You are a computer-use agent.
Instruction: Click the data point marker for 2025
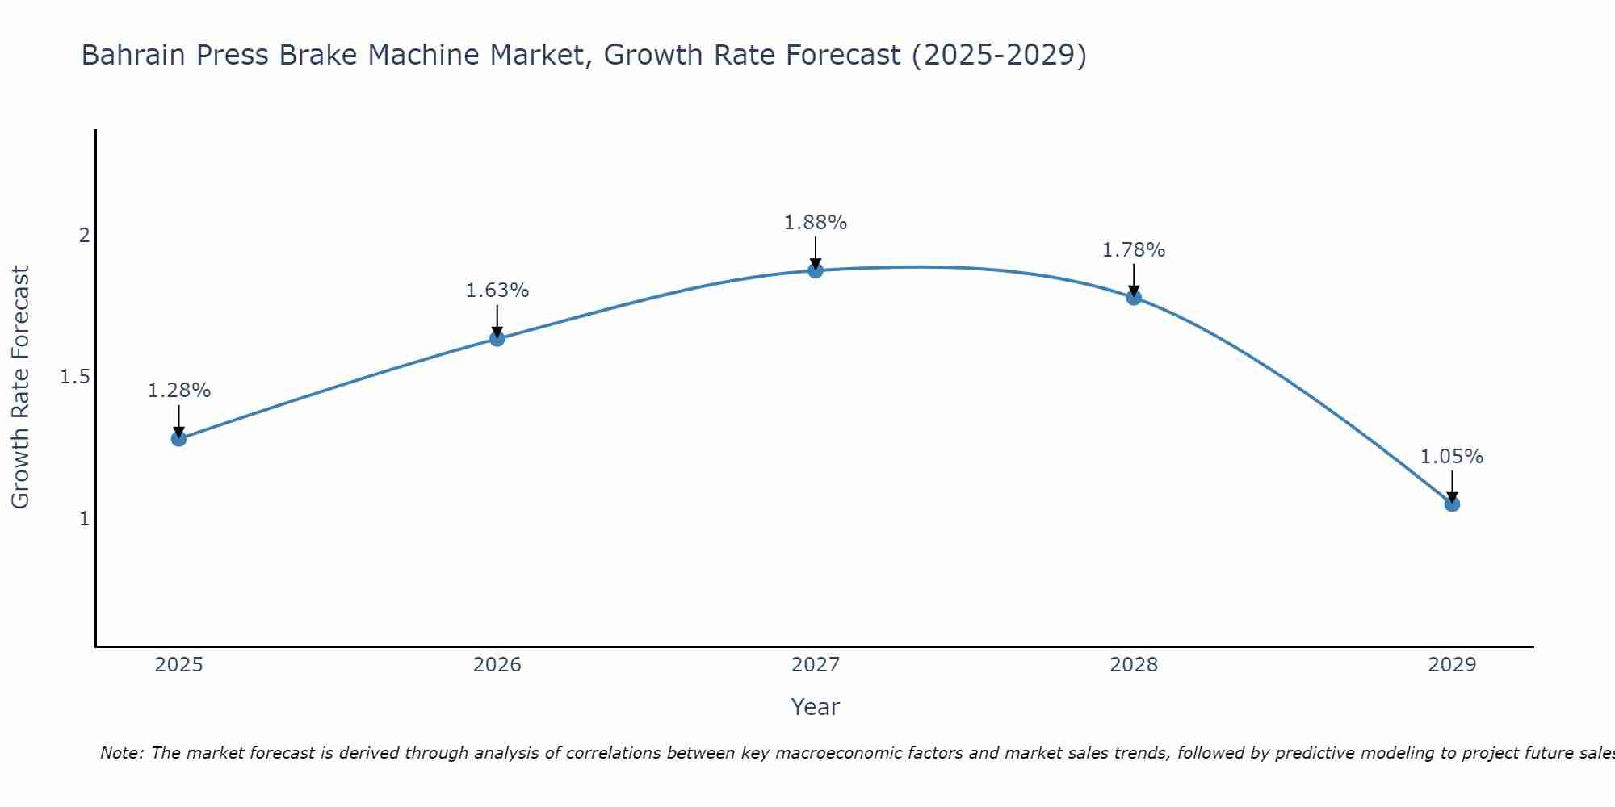coord(178,438)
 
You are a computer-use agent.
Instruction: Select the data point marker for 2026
coord(497,338)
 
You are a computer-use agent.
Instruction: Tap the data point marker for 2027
coord(816,270)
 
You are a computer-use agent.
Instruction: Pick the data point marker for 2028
coord(1134,297)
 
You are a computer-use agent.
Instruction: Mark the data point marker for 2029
coord(1452,504)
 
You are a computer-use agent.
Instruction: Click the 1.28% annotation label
coord(178,391)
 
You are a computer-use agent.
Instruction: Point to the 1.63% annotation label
coord(497,291)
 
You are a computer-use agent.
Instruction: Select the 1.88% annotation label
coord(816,223)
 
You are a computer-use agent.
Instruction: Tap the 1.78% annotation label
coord(1134,250)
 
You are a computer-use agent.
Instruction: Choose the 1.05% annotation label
coord(1452,457)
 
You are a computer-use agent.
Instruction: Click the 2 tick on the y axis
coord(83,236)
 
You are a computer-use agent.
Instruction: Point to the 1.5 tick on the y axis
coord(75,377)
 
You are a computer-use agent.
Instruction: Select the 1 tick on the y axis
coord(83,519)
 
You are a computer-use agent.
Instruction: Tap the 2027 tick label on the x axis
coord(816,665)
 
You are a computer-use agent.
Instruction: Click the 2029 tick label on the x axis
coord(1452,665)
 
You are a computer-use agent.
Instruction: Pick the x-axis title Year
coord(816,707)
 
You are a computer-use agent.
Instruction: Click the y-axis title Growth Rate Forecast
coord(20,387)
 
